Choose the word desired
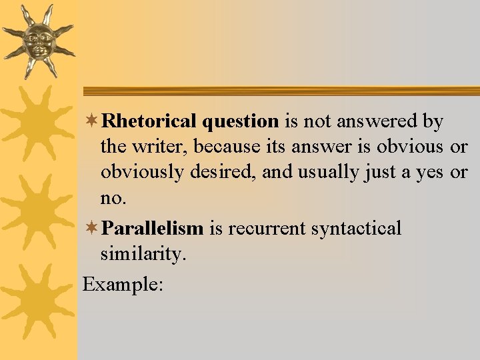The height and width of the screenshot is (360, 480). (x=223, y=173)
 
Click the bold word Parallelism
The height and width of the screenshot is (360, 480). (x=153, y=229)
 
